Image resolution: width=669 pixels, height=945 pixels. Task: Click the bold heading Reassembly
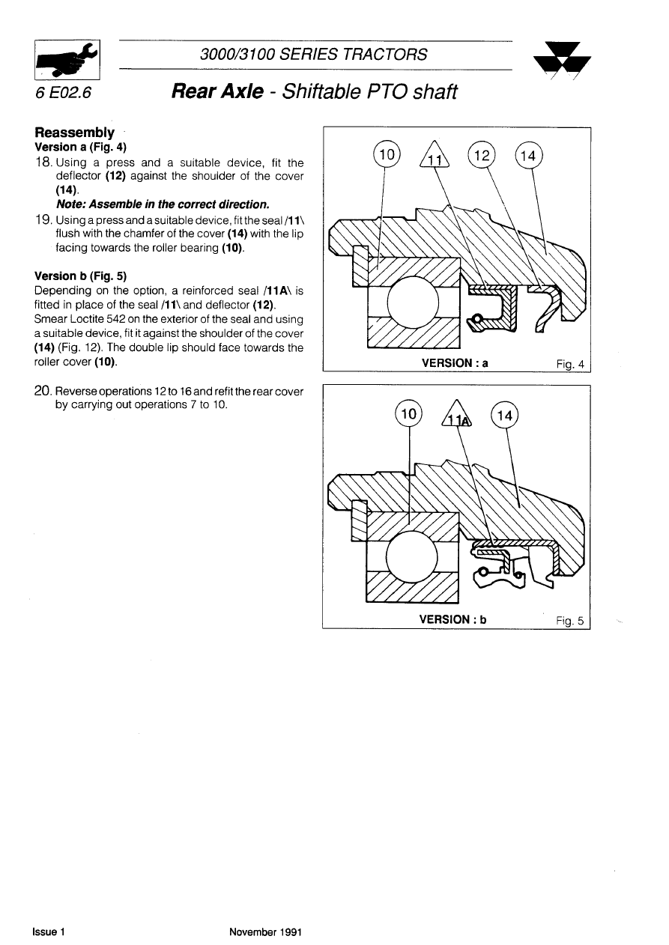pyautogui.click(x=79, y=133)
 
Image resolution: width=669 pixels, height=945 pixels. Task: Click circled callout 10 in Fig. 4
pyautogui.click(x=387, y=155)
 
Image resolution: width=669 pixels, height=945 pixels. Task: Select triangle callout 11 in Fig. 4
pyautogui.click(x=434, y=158)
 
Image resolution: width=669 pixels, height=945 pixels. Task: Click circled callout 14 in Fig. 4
pyautogui.click(x=529, y=156)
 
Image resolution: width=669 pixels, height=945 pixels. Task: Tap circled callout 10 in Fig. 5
pyautogui.click(x=408, y=414)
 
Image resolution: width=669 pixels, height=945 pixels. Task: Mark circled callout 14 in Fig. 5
pyautogui.click(x=503, y=415)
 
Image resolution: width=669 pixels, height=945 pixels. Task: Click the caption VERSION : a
pyautogui.click(x=455, y=363)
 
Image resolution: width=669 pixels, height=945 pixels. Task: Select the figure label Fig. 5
pyautogui.click(x=571, y=620)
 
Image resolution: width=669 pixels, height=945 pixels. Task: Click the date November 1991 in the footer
pyautogui.click(x=265, y=932)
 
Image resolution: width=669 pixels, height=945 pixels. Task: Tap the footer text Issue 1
pyautogui.click(x=49, y=932)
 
